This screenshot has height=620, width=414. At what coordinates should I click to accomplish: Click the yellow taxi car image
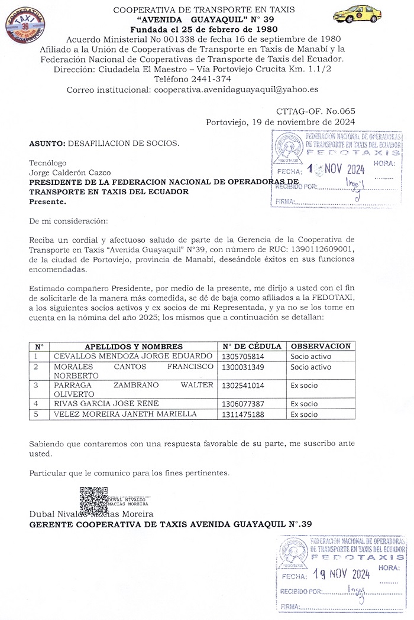[357, 14]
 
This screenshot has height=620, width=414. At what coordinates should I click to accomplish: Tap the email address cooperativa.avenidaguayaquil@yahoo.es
[237, 90]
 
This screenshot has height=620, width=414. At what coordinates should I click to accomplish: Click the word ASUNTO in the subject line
[47, 143]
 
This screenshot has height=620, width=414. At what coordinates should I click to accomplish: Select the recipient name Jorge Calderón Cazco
[70, 172]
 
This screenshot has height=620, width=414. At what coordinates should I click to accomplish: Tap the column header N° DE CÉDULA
[251, 347]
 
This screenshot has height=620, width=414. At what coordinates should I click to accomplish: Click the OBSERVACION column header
[321, 346]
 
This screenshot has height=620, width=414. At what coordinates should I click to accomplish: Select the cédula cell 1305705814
[243, 357]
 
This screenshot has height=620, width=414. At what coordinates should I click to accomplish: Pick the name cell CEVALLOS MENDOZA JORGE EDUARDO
[133, 356]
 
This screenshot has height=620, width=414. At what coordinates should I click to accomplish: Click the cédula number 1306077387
[243, 404]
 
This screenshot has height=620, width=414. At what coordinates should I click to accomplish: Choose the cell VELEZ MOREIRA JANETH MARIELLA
[125, 414]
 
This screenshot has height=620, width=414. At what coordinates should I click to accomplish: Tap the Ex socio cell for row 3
[304, 386]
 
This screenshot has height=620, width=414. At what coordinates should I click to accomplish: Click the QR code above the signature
[93, 500]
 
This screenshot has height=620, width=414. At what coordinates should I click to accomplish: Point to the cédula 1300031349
[243, 367]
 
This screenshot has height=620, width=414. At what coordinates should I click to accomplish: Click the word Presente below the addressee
[48, 201]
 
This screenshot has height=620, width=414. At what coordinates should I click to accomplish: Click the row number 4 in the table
[37, 404]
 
